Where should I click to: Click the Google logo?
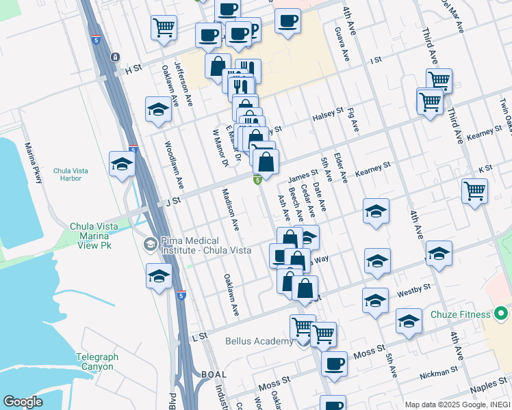(23, 402)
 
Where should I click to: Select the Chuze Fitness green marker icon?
(502, 314)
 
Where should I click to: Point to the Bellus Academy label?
(257, 341)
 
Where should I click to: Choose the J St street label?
(172, 200)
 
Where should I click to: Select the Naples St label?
(489, 387)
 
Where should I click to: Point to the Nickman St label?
(439, 372)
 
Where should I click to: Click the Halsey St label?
(328, 113)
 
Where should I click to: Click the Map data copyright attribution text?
(457, 405)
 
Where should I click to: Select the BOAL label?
(214, 374)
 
